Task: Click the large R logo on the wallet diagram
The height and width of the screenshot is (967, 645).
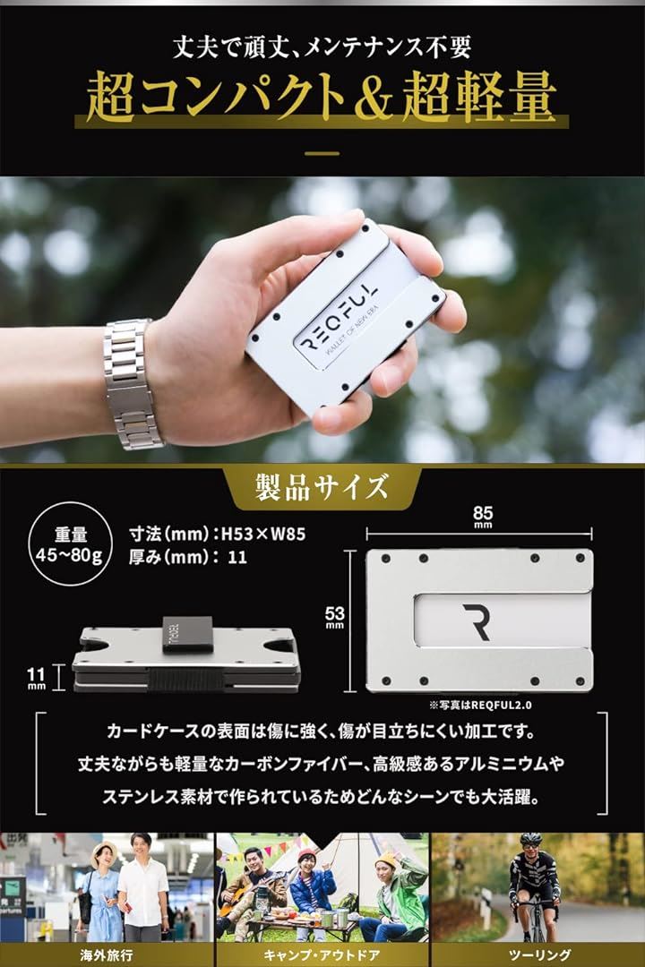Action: tap(477, 621)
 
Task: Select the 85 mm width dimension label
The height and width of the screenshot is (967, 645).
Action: tap(483, 518)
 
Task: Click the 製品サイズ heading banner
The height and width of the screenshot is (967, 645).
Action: tap(322, 488)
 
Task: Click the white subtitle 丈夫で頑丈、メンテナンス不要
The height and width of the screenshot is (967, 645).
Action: tap(322, 41)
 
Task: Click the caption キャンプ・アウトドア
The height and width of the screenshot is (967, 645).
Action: tap(322, 953)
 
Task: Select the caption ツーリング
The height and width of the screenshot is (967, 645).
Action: tap(537, 953)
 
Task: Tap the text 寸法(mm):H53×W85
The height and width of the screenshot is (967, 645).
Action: tap(218, 534)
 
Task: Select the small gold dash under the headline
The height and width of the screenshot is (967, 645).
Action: tap(322, 153)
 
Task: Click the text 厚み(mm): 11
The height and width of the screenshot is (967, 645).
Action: tap(188, 556)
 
